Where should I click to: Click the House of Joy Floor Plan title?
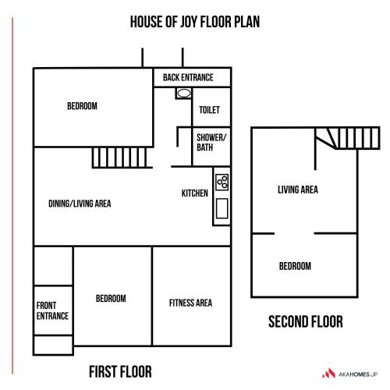195,22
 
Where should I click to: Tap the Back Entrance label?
188,77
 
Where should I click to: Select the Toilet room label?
209,110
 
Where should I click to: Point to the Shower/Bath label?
211,142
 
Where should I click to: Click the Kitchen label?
195,193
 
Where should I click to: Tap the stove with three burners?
222,182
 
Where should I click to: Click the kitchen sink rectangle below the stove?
222,208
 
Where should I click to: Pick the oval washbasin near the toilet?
184,94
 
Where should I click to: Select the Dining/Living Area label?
80,204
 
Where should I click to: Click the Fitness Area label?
190,303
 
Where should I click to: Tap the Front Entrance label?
52,310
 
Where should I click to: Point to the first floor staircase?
122,158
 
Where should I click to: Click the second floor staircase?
348,138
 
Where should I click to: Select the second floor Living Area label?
298,190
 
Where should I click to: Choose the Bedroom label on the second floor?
295,266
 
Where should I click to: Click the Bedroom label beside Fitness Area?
111,298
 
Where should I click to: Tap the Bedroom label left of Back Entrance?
82,106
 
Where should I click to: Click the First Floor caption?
120,371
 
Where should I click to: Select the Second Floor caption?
306,321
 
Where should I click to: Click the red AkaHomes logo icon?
329,374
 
